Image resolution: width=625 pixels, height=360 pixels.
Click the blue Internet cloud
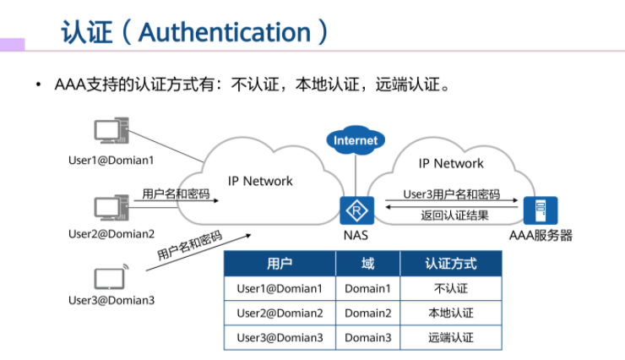(355, 140)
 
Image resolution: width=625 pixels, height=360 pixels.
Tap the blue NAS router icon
(356, 210)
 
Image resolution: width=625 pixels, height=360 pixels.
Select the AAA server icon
(541, 210)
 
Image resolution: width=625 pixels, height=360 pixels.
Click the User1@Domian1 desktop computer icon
(111, 130)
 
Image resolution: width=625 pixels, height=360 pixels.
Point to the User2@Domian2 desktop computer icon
(111, 207)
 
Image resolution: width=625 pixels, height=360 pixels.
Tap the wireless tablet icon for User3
(111, 276)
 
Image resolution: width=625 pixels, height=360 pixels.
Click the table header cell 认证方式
(451, 264)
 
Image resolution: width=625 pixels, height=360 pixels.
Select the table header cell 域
(367, 264)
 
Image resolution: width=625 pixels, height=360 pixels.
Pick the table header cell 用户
(280, 264)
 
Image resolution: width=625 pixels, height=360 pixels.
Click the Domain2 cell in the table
(367, 313)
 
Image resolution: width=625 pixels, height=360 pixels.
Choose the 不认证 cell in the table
(451, 288)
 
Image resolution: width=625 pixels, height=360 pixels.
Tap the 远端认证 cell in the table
(451, 338)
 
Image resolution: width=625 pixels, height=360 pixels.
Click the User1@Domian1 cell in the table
(280, 288)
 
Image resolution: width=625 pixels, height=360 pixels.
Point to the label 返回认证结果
(454, 215)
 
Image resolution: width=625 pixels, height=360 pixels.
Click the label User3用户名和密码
(452, 194)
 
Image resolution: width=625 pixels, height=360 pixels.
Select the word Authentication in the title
(225, 32)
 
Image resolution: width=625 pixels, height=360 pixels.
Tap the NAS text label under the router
(356, 235)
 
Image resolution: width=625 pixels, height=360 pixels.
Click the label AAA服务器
(541, 235)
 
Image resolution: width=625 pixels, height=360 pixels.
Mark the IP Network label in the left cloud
(260, 181)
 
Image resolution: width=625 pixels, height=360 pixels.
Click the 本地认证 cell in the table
(451, 313)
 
